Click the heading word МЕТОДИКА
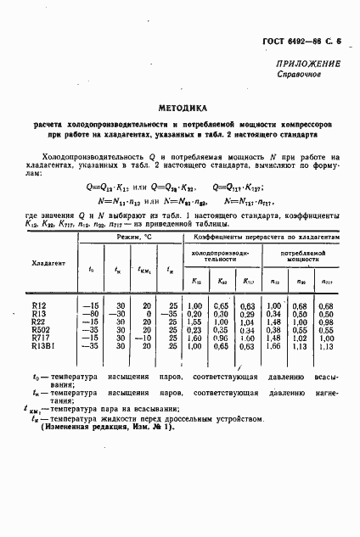(x=180, y=108)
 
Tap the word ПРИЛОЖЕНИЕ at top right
(x=309, y=64)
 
